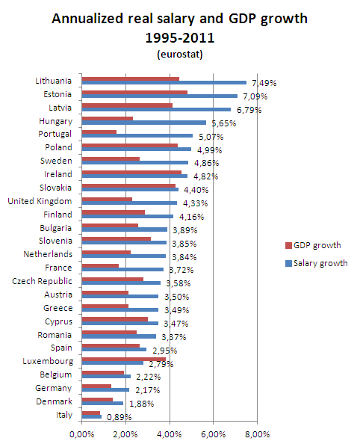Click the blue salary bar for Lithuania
(164, 83)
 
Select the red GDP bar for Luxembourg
(124, 360)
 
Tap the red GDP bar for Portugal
(99, 132)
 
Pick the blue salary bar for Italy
(92, 417)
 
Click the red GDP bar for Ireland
(131, 172)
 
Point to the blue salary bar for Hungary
(144, 123)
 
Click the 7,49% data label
(264, 83)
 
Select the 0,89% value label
(119, 417)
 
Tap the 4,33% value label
(196, 203)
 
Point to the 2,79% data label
(161, 364)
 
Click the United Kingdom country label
(40, 201)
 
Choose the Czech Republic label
(42, 281)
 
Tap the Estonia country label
(58, 94)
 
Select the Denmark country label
(54, 401)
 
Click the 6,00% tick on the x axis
(214, 434)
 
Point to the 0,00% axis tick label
(82, 434)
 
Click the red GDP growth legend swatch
(288, 245)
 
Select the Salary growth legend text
(320, 263)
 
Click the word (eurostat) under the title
(180, 54)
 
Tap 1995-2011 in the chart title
(180, 38)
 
